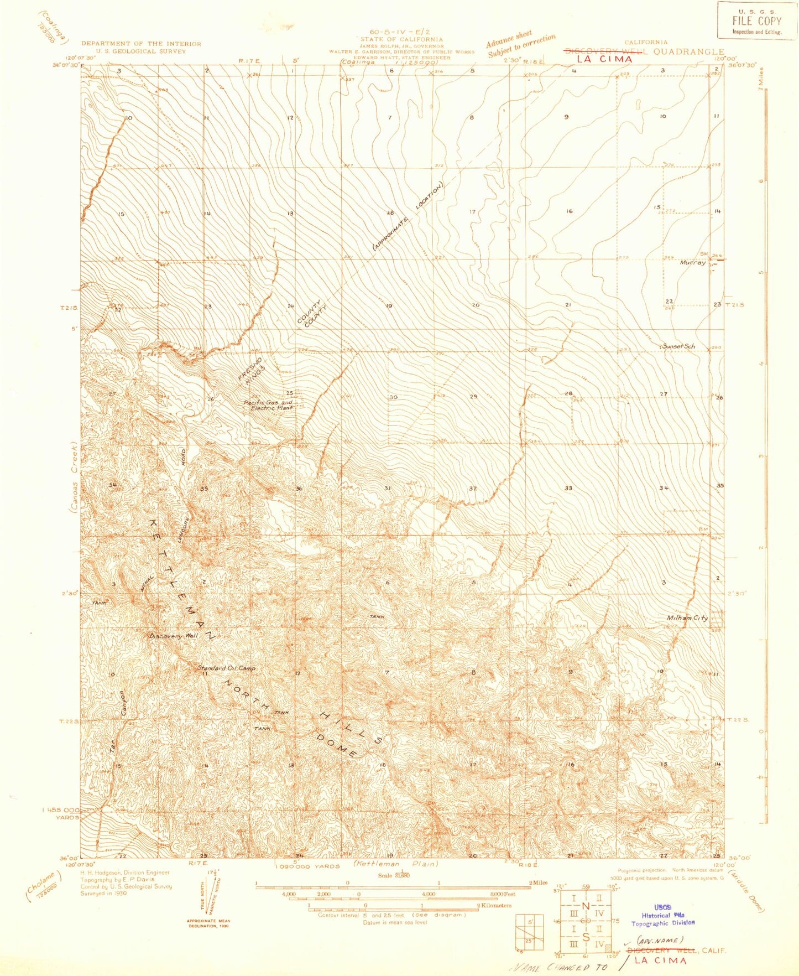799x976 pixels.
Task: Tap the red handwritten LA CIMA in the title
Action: point(604,59)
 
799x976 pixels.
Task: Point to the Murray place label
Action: point(693,263)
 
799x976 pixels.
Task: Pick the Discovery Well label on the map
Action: point(174,636)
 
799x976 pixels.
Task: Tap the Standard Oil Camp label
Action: point(227,668)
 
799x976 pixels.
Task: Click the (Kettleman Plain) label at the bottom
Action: point(396,863)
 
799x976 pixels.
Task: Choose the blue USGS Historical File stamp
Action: point(663,915)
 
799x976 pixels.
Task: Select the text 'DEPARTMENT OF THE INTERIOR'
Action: point(141,44)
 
